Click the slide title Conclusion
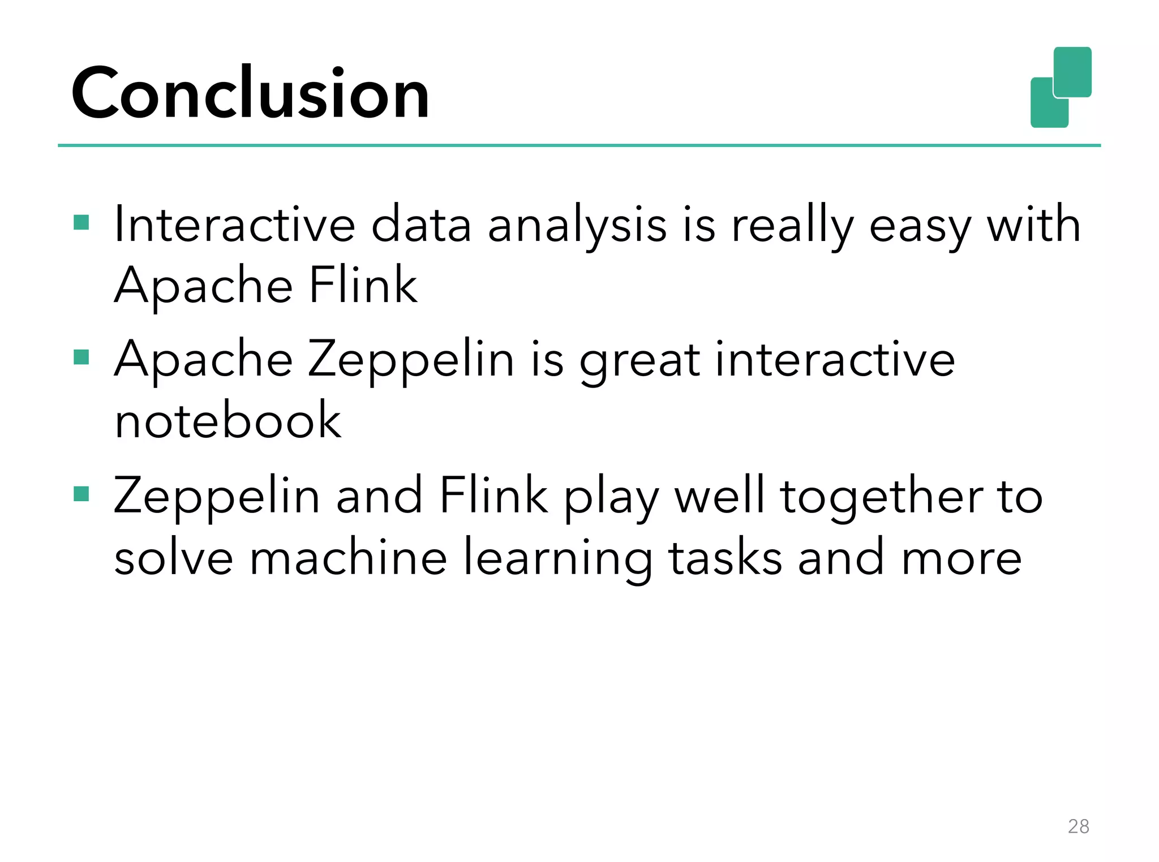(250, 93)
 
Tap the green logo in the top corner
(1061, 87)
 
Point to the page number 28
(1078, 826)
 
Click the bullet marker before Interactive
(81, 222)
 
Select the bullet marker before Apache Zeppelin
(81, 357)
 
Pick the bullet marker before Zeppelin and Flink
(81, 494)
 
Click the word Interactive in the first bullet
(234, 225)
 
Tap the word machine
(349, 558)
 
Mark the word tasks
(726, 558)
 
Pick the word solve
(174, 558)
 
